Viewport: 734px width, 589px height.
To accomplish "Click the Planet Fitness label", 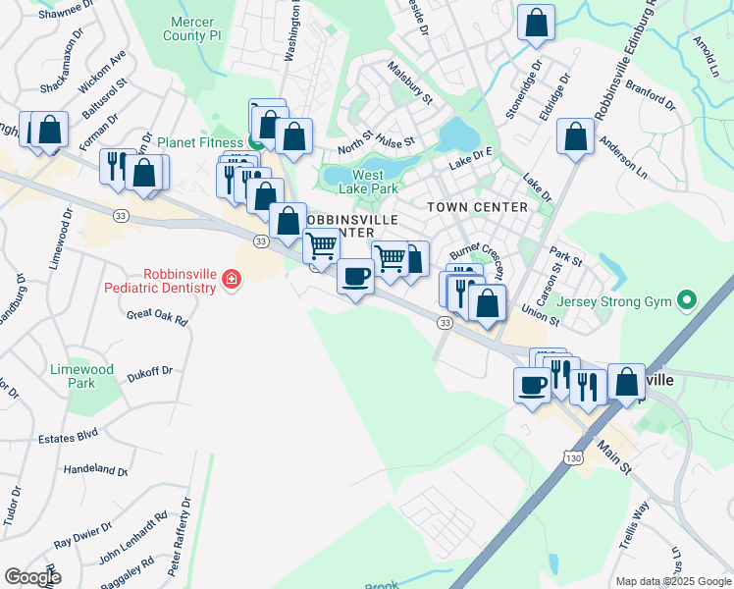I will [200, 141].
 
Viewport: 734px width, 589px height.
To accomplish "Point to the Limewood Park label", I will [82, 376].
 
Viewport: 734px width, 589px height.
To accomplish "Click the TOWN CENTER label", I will [477, 207].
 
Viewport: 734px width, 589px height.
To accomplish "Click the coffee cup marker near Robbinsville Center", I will [354, 275].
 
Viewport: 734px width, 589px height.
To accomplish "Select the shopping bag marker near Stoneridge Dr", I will [536, 24].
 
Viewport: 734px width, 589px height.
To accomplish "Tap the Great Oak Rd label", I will [157, 317].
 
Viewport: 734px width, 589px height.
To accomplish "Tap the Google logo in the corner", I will [32, 577].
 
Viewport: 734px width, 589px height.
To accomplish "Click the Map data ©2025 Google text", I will [673, 581].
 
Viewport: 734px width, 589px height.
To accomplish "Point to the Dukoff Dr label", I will [149, 372].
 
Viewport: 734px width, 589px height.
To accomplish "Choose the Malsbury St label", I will [410, 82].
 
